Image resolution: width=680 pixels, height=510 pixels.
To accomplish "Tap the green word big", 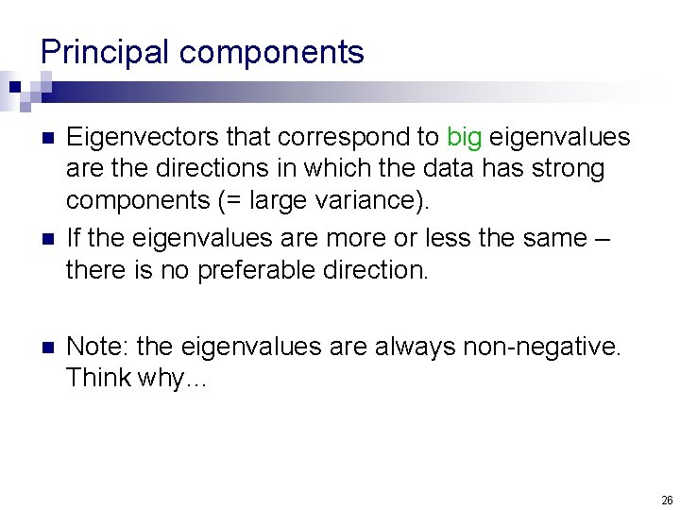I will pos(464,138).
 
